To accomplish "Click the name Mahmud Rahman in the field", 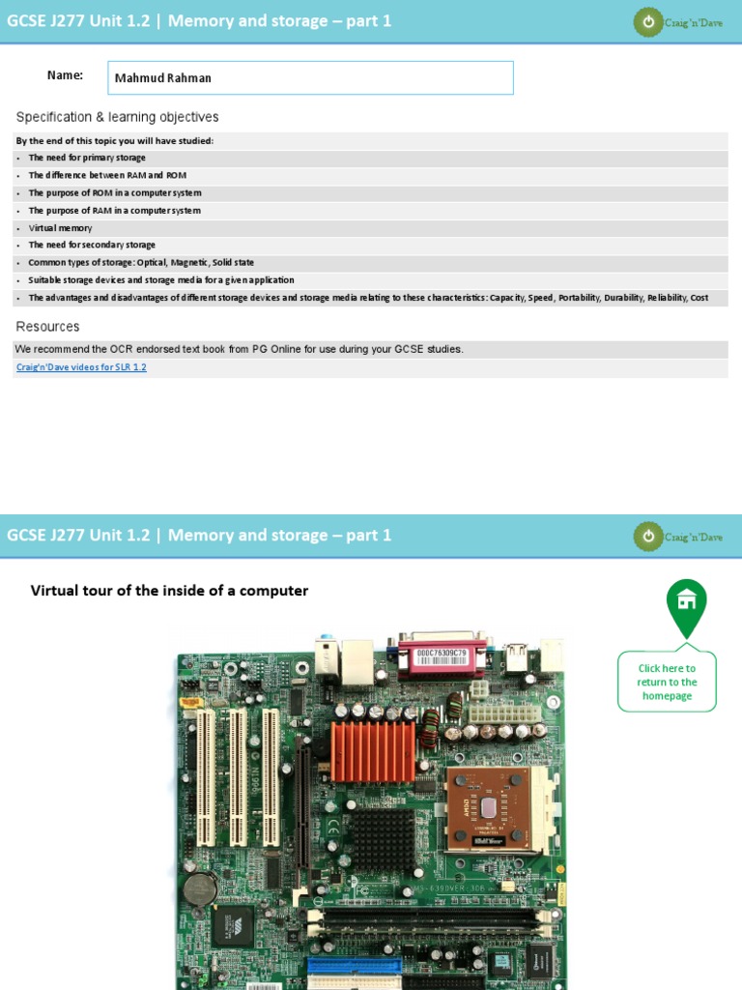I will pyautogui.click(x=162, y=78).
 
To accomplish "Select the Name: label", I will pyautogui.click(x=65, y=75).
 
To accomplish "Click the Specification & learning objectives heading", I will pyautogui.click(x=117, y=117).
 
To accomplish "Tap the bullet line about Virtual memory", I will pyautogui.click(x=60, y=228).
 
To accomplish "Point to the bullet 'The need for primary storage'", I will pyautogui.click(x=87, y=158).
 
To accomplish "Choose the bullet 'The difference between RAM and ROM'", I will pyautogui.click(x=107, y=175).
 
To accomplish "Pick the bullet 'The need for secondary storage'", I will pyautogui.click(x=92, y=246).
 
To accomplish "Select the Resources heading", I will pyautogui.click(x=47, y=327).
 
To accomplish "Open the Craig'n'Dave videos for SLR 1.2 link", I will pyautogui.click(x=81, y=367).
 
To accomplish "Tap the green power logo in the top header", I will pyautogui.click(x=648, y=21).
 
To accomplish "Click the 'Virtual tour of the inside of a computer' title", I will pyautogui.click(x=169, y=591).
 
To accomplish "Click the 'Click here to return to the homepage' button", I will pyautogui.click(x=667, y=682).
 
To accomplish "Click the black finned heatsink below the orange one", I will pyautogui.click(x=383, y=838).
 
